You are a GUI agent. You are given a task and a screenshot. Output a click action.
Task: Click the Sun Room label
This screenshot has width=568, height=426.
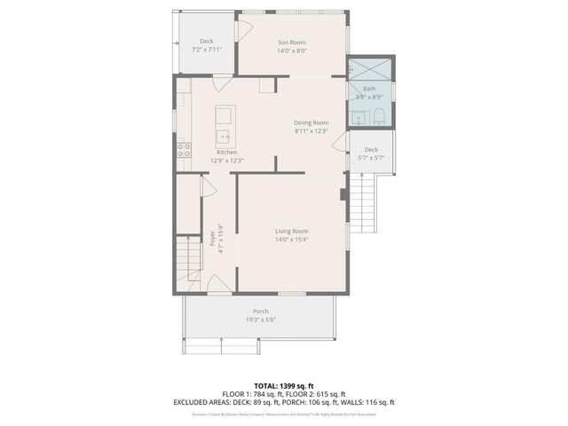(x=291, y=42)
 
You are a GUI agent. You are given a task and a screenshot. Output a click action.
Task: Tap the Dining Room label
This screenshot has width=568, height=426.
(x=312, y=122)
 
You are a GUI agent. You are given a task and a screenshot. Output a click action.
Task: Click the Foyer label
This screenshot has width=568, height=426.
(x=212, y=237)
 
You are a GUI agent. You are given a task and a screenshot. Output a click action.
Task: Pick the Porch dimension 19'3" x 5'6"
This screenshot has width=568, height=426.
(x=261, y=319)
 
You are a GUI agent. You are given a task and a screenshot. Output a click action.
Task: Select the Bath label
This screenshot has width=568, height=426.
(x=369, y=89)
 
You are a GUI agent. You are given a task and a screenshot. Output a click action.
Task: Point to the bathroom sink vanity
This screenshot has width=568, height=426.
(x=357, y=117)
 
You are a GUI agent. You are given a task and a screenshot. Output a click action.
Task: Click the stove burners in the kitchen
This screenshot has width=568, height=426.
(x=184, y=150)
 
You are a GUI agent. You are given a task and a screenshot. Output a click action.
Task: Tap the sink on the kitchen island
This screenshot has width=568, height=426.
(x=225, y=137)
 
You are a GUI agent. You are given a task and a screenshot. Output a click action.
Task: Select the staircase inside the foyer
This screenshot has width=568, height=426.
(x=187, y=258)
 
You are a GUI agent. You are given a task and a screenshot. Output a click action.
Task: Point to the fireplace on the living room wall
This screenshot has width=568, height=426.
(x=343, y=194)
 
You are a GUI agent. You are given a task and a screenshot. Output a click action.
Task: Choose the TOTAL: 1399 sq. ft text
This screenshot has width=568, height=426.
(x=283, y=386)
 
